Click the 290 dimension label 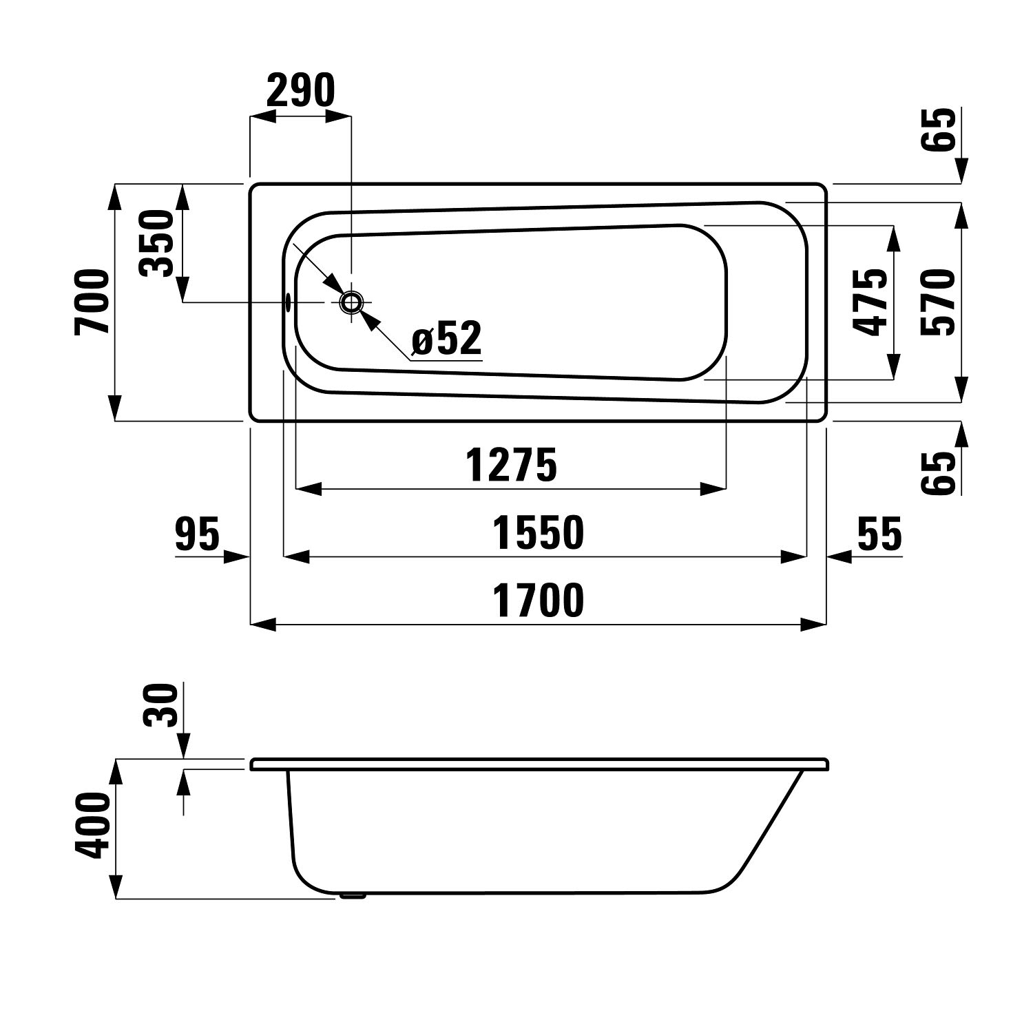300,90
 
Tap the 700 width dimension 92,302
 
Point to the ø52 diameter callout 446,339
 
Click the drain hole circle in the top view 351,302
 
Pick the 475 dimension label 869,302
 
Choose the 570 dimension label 938,302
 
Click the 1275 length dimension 511,465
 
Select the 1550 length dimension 539,533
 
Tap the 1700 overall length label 539,600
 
